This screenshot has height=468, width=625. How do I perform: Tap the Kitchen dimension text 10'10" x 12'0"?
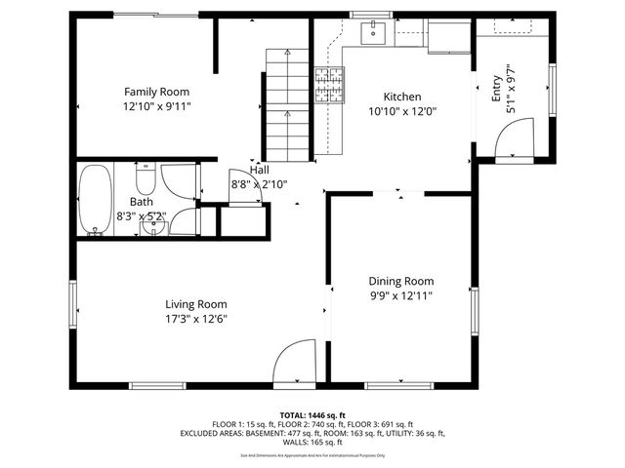coord(401,111)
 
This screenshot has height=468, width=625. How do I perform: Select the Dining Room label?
coord(400,281)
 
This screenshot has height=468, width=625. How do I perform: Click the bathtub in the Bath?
coord(95,200)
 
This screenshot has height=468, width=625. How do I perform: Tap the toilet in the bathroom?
coord(146,178)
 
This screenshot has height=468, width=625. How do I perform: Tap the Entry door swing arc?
coord(513,138)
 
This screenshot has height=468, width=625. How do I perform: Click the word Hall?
coord(259,170)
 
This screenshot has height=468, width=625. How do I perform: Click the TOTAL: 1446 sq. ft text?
coord(312,414)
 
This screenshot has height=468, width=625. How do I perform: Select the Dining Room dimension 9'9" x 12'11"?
coord(400,295)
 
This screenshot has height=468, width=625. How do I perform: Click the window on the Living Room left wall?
coord(72,302)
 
